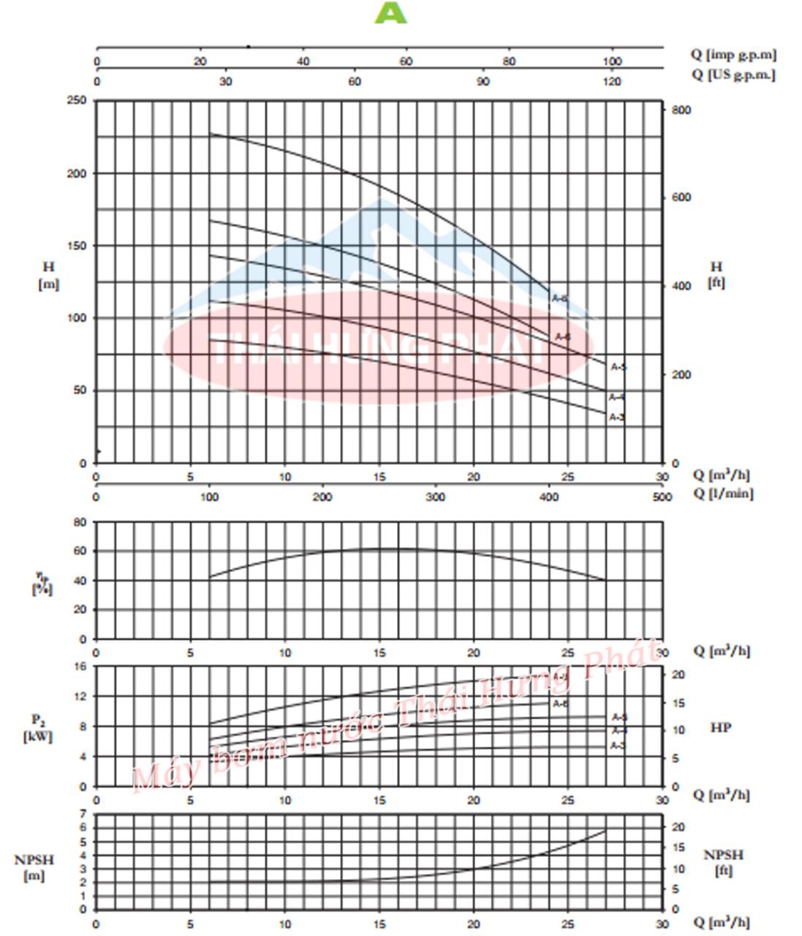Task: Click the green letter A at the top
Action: pos(390,12)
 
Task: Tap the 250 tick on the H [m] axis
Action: pos(77,100)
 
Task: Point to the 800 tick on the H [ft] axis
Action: pos(681,110)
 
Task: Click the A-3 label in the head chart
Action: pos(617,417)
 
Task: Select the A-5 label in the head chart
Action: pos(618,367)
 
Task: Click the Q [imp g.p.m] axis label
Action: pos(733,54)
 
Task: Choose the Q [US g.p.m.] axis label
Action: pos(733,75)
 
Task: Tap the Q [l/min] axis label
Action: pos(722,493)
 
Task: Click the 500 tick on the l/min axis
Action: pos(662,497)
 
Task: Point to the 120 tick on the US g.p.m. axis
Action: pos(611,81)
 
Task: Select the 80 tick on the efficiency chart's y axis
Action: pos(79,522)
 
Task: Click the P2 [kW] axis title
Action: pos(37,728)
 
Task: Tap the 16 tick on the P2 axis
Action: pos(79,666)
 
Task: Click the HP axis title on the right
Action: pos(721,728)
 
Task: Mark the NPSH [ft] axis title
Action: pos(723,862)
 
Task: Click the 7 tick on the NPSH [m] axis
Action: pos(83,813)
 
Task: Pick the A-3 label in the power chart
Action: pos(618,745)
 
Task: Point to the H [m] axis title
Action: pos(48,276)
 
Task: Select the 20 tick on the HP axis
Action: pos(678,674)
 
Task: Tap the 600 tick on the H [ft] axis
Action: pos(681,197)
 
